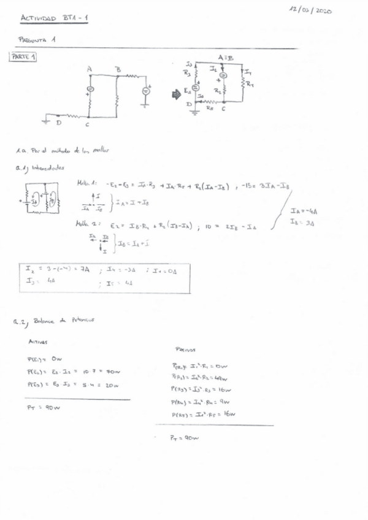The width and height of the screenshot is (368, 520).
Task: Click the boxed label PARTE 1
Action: coord(23,57)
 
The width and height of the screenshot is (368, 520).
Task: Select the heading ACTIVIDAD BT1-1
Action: coord(55,19)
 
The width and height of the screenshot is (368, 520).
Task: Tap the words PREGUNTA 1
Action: coord(38,39)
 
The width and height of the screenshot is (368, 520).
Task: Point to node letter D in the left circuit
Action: coord(59,123)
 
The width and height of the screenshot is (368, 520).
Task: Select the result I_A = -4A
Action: coord(304,212)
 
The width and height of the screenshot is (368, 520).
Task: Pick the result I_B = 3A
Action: coord(302,221)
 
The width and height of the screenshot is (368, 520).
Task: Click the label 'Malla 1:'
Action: coord(85,183)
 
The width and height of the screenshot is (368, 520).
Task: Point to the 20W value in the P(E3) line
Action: coord(111,386)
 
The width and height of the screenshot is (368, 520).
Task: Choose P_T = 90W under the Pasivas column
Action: coord(185,438)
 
